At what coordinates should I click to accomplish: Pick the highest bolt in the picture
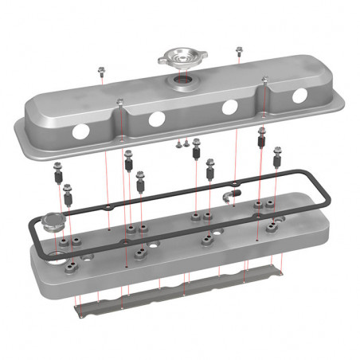238,52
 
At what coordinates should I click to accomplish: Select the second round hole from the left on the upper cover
156,118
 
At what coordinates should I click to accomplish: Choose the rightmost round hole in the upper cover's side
299,96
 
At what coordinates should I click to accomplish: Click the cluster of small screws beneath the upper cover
184,145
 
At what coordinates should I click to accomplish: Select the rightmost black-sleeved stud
276,162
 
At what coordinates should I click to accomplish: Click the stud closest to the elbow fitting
211,170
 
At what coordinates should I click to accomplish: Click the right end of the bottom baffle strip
279,271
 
